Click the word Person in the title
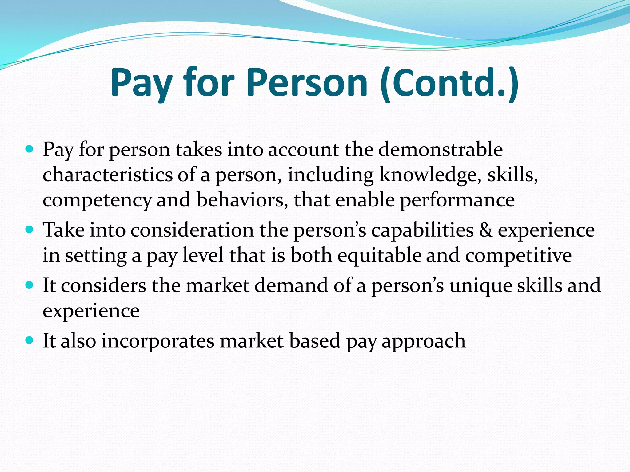307,83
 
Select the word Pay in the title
141,83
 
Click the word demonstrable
440,150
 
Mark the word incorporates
158,341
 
